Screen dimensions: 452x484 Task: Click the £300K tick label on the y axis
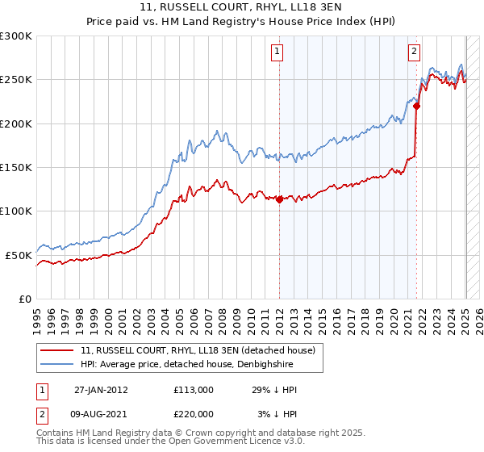tap(16, 36)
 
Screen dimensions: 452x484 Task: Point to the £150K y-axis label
tap(16, 167)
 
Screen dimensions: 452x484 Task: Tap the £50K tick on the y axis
tap(19, 255)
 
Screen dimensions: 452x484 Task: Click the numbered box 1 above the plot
tap(277, 52)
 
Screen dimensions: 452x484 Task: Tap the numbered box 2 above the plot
tap(414, 52)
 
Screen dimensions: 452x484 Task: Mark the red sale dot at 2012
tap(279, 199)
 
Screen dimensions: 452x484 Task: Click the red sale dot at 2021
tap(416, 105)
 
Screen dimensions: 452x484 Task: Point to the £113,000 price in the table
tap(193, 390)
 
